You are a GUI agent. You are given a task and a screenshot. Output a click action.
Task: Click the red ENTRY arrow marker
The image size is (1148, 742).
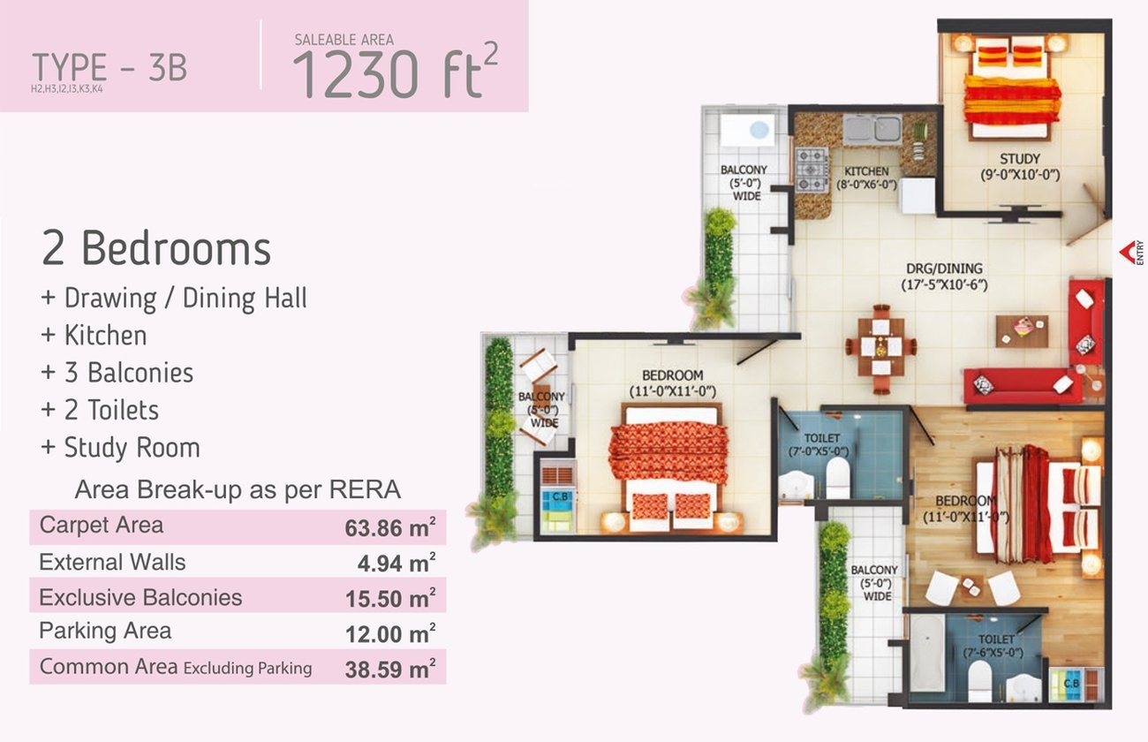click(x=1128, y=253)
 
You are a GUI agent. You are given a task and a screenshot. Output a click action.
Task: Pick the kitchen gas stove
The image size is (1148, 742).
click(x=812, y=170)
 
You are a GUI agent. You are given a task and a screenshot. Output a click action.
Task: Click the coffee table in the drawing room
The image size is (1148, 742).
click(x=1022, y=329)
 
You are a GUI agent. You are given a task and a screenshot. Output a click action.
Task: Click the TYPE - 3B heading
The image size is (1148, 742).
click(x=110, y=68)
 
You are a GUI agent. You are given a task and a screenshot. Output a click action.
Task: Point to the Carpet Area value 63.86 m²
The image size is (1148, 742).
click(x=389, y=528)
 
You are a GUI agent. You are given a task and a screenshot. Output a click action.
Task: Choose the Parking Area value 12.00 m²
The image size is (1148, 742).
click(x=389, y=633)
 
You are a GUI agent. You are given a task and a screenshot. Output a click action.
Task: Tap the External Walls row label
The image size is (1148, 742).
click(x=112, y=562)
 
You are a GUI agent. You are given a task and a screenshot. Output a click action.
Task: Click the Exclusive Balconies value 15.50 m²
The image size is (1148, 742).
click(x=389, y=598)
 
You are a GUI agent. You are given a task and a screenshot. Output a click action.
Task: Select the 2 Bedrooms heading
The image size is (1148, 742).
click(x=156, y=249)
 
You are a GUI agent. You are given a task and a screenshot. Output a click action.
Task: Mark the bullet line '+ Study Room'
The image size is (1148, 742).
click(x=120, y=447)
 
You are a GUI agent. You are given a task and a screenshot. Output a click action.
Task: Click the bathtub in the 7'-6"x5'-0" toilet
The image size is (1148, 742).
click(x=925, y=652)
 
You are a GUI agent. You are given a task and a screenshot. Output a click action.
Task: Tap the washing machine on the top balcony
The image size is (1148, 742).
click(x=746, y=130)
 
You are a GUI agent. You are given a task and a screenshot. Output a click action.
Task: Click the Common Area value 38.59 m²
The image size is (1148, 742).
click(x=389, y=669)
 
